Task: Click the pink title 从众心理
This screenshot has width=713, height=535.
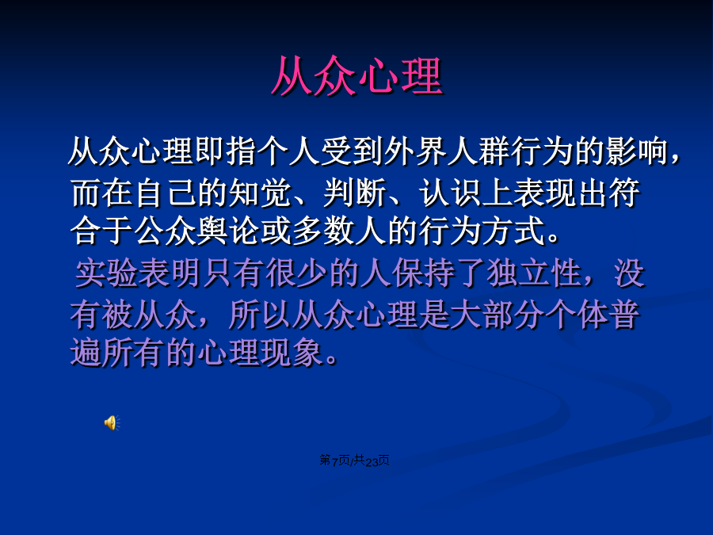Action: point(357,76)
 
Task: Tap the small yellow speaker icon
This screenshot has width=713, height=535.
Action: point(112,422)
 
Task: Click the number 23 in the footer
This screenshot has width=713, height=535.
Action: point(372,462)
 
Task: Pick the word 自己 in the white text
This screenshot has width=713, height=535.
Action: point(165,193)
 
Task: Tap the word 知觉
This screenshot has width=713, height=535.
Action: point(260,193)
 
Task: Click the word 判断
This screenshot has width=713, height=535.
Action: point(355,193)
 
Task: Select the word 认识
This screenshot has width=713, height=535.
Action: point(450,193)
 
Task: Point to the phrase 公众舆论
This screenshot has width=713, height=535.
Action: point(196,231)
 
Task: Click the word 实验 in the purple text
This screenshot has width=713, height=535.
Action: point(106,274)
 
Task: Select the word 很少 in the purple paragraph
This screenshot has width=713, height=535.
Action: point(296,274)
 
